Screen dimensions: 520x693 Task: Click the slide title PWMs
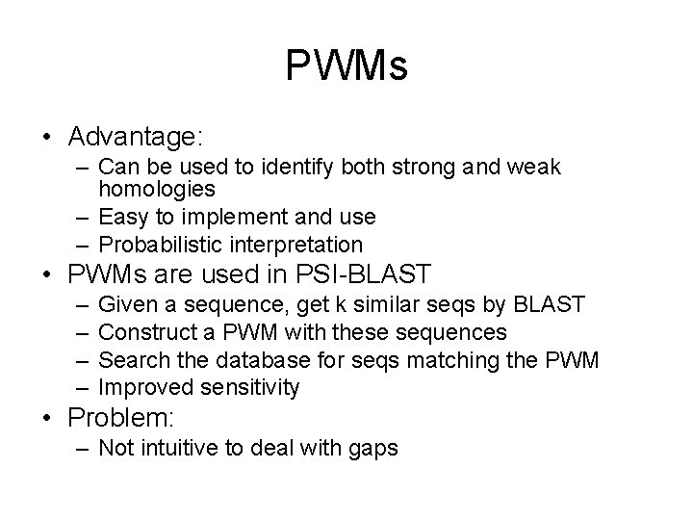[x=346, y=66]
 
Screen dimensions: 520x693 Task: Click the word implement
[x=220, y=217]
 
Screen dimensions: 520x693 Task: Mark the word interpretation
[x=299, y=245]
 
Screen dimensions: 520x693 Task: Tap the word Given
[x=127, y=305]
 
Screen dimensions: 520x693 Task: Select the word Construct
[x=145, y=332]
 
